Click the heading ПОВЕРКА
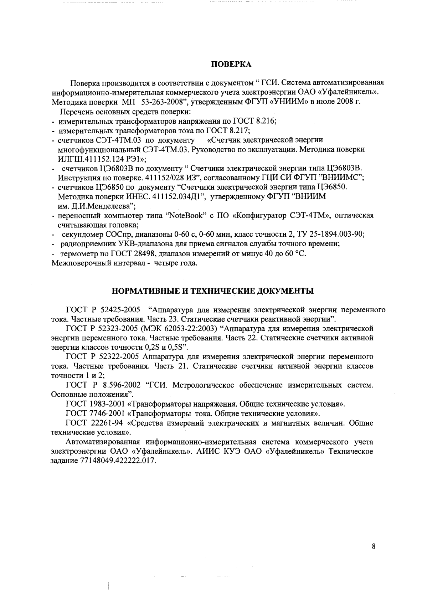point(232,65)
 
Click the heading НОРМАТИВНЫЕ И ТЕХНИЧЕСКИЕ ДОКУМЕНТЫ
point(213,291)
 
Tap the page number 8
point(373,546)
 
